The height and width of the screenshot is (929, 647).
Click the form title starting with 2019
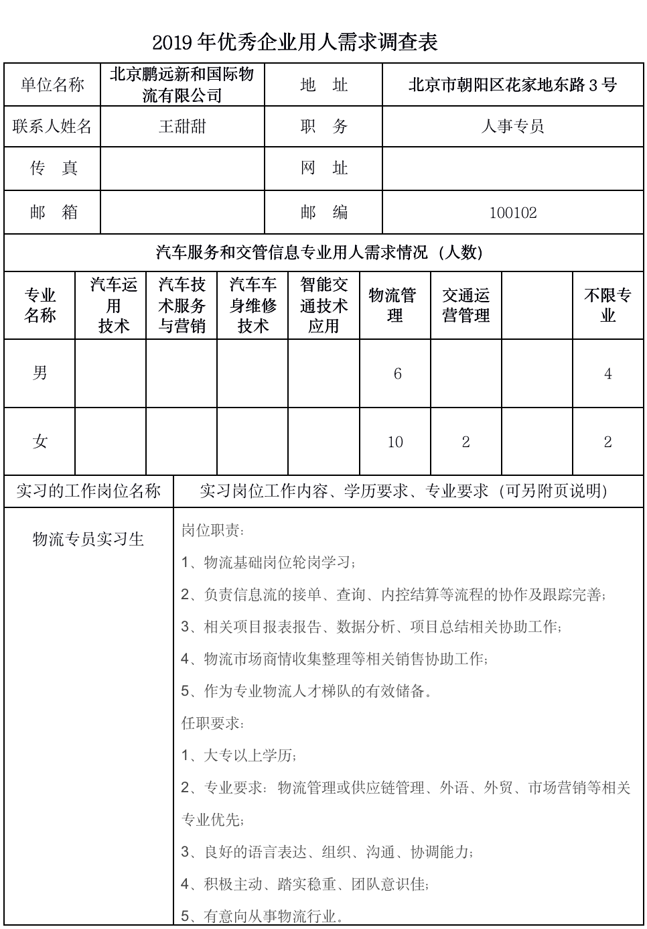pyautogui.click(x=295, y=43)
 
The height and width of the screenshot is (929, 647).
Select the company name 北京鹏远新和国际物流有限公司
pyautogui.click(x=182, y=84)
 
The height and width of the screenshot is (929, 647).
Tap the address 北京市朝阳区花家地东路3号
pyautogui.click(x=512, y=84)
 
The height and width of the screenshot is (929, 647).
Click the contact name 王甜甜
pyautogui.click(x=182, y=126)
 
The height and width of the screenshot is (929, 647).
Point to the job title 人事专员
pyautogui.click(x=512, y=126)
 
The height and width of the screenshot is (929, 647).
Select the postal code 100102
pyautogui.click(x=513, y=212)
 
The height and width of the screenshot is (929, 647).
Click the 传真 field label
pyautogui.click(x=53, y=168)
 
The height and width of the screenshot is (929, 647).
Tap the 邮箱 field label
pyautogui.click(x=53, y=212)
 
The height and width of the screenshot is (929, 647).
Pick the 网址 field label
pyautogui.click(x=323, y=168)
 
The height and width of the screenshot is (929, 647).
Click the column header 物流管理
pyautogui.click(x=394, y=305)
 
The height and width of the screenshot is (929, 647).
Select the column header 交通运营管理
pyautogui.click(x=465, y=305)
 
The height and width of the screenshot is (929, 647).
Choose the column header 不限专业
pyautogui.click(x=607, y=305)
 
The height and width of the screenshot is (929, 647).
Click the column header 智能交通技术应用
pyautogui.click(x=323, y=305)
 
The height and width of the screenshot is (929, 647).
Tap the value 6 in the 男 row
pyautogui.click(x=397, y=374)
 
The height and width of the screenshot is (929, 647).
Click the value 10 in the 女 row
pyautogui.click(x=395, y=442)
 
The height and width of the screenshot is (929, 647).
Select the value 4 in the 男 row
pyautogui.click(x=607, y=374)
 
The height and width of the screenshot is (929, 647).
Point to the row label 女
pyautogui.click(x=40, y=442)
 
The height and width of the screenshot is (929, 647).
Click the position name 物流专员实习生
pyautogui.click(x=88, y=540)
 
